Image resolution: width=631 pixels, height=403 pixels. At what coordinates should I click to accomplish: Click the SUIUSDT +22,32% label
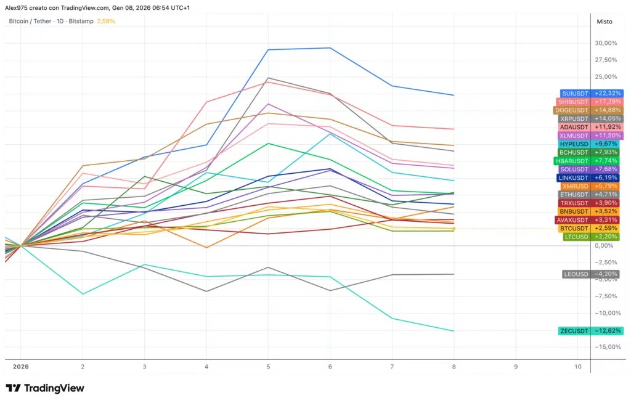pyautogui.click(x=592, y=94)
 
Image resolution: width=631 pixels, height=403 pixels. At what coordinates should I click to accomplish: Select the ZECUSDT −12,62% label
pyautogui.click(x=591, y=331)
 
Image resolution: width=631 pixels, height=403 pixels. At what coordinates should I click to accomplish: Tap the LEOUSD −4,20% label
pyautogui.click(x=591, y=274)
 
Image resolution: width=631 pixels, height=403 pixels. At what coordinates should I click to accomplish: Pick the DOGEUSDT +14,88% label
pyautogui.click(x=588, y=110)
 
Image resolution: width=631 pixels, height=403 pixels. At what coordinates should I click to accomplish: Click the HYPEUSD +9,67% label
pyautogui.click(x=588, y=144)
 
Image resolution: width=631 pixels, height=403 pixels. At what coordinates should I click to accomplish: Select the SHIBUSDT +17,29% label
pyautogui.click(x=590, y=102)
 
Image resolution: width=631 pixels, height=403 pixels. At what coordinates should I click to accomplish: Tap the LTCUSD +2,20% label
pyautogui.click(x=591, y=237)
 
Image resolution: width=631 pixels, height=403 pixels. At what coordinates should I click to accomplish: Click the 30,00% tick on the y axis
pyautogui.click(x=606, y=43)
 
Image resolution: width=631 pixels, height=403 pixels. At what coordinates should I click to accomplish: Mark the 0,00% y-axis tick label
pyautogui.click(x=604, y=246)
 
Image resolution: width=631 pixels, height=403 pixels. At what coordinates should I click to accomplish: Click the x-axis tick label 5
pyautogui.click(x=268, y=367)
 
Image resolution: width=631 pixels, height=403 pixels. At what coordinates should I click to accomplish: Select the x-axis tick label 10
pyautogui.click(x=578, y=367)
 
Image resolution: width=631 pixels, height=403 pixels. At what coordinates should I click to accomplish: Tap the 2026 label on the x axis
pyautogui.click(x=21, y=367)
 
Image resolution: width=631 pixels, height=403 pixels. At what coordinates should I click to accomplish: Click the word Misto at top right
pyautogui.click(x=605, y=22)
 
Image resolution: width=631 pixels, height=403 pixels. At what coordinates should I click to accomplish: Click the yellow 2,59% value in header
pyautogui.click(x=106, y=22)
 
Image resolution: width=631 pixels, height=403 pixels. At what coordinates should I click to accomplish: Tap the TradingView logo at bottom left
pyautogui.click(x=45, y=388)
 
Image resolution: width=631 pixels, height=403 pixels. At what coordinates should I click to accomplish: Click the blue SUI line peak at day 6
pyautogui.click(x=330, y=48)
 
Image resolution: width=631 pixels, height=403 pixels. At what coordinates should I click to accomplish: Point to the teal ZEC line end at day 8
pyautogui.click(x=454, y=331)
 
